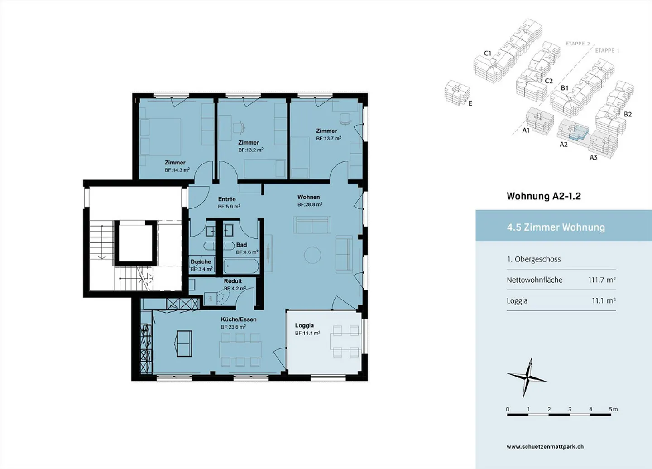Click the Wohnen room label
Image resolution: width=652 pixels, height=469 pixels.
(308, 197)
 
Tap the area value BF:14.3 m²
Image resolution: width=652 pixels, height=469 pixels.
(177, 170)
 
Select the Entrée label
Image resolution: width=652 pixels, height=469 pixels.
(227, 199)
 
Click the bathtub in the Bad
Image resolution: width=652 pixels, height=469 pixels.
(241, 266)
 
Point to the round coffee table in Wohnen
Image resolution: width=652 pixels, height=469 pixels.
(312, 255)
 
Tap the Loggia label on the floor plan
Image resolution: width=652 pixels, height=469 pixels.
(304, 325)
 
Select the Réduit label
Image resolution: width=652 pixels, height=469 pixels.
(233, 281)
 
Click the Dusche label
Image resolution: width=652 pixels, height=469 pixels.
(201, 261)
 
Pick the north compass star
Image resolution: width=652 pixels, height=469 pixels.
(527, 378)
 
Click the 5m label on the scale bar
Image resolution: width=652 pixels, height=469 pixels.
(613, 409)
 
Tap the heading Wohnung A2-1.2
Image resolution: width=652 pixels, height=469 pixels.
(544, 196)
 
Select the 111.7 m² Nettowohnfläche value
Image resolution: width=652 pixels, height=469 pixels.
(602, 280)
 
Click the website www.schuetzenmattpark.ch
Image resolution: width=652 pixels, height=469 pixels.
(545, 447)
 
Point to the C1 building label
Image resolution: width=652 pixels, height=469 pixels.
(488, 53)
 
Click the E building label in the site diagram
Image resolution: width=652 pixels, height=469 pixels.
(470, 103)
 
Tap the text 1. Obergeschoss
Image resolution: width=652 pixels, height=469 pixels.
(534, 259)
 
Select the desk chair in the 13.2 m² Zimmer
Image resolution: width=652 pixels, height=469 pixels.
(239, 128)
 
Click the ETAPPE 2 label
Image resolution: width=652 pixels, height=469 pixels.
(577, 44)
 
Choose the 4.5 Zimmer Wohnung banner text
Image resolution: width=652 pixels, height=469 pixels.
(556, 227)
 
